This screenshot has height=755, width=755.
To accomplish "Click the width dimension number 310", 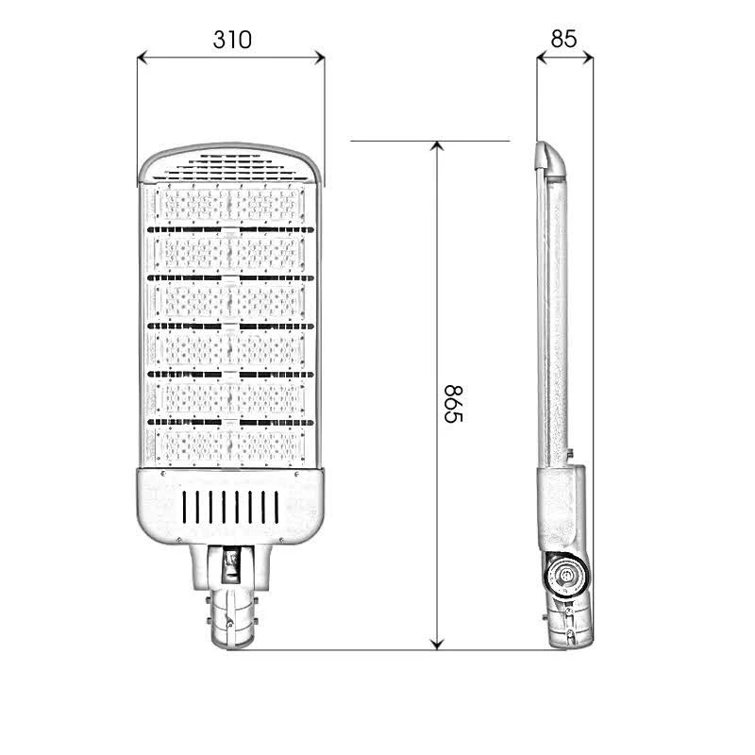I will pos(231,40).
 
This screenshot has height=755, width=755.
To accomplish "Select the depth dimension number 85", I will pos(563,39).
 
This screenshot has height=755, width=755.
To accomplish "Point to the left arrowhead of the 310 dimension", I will pos(142,58).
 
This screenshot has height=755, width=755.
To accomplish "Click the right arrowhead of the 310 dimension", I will pos(321,58).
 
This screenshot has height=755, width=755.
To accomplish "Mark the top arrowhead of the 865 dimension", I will pos(436,147).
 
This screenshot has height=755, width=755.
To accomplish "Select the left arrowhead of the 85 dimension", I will pos(541,58).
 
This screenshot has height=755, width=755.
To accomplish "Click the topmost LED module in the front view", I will pos(229,204).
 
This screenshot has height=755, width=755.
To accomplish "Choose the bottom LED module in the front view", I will pos(229,444).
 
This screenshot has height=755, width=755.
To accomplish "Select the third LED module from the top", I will pos(229,300).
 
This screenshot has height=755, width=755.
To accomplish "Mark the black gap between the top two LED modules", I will pos(229,228).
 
